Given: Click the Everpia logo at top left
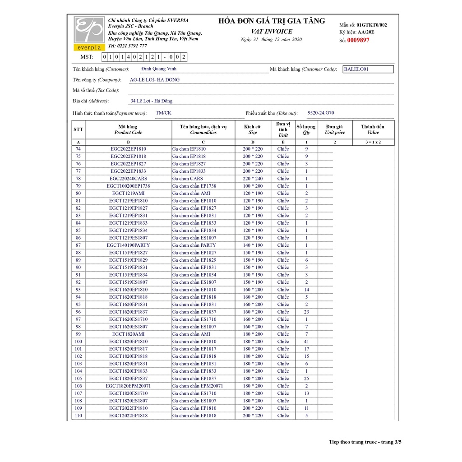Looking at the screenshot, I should [x=89, y=33].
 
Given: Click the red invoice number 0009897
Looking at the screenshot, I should [x=358, y=40].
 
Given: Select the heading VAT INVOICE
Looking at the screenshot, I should [x=272, y=32].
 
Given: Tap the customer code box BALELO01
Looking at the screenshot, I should [x=368, y=69].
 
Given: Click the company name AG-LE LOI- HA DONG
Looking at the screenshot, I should [x=155, y=80].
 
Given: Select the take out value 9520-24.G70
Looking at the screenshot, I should [x=321, y=113].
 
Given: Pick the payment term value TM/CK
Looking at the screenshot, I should [x=163, y=113].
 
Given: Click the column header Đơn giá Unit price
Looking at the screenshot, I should [x=335, y=129].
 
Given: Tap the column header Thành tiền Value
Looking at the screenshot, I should [x=373, y=129].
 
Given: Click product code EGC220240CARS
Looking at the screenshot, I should [x=129, y=179].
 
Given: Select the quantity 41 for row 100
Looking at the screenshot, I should [x=306, y=342].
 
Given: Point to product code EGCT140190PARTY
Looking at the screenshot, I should [x=129, y=245].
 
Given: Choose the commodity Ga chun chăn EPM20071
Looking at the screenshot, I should [x=198, y=386].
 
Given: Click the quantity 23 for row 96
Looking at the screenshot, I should [x=306, y=312].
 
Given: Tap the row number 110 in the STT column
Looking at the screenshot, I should [x=79, y=416].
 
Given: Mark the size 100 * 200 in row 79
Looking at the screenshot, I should [x=253, y=186].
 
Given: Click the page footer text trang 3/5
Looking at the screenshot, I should [x=391, y=442].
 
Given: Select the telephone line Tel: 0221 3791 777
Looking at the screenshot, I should [x=127, y=46].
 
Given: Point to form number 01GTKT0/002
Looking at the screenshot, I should [x=371, y=25].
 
